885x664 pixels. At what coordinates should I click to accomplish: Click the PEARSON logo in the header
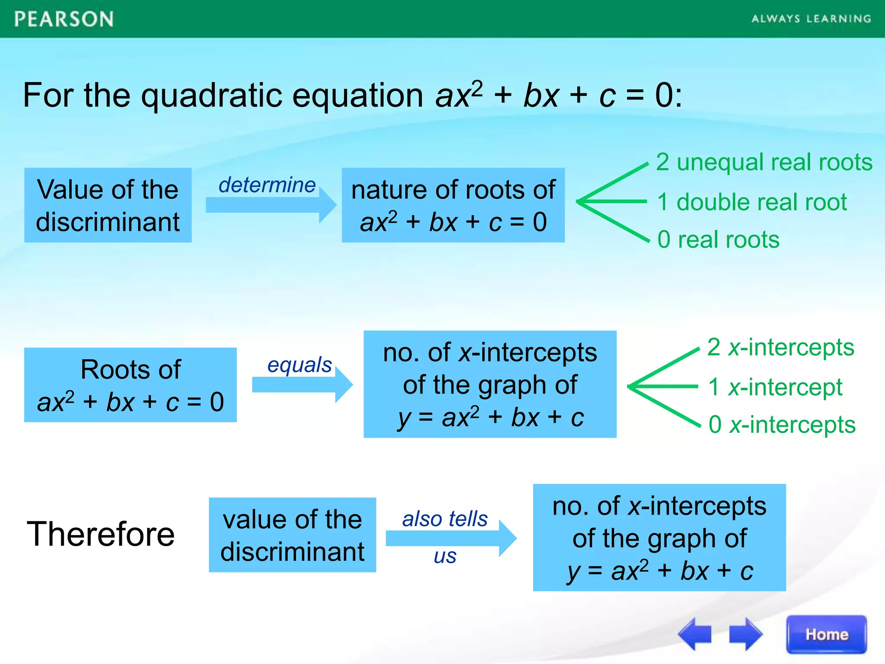[64, 19]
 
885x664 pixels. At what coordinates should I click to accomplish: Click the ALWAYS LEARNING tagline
[811, 19]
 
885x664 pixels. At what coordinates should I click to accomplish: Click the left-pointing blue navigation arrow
[695, 634]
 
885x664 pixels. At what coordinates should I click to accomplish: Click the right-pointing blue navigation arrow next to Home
[745, 634]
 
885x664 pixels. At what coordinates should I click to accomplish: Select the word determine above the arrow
[267, 185]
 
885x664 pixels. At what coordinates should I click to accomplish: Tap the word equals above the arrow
[299, 365]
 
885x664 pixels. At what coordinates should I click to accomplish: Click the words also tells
[445, 519]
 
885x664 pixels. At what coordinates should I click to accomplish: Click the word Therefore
[101, 534]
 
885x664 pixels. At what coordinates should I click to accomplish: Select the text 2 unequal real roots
[764, 163]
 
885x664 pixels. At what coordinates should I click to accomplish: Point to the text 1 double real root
[752, 202]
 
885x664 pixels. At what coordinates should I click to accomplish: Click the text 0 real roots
[718, 239]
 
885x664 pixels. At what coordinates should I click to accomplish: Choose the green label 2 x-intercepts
[780, 347]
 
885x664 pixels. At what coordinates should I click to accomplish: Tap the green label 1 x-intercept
[775, 386]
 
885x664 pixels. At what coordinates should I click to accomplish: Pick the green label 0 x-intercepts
[782, 425]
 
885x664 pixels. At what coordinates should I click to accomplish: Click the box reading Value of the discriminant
[108, 205]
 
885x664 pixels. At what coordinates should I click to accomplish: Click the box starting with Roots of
[130, 385]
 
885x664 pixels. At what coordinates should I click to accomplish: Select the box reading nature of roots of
[453, 205]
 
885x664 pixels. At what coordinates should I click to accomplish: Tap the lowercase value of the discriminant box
[292, 535]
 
